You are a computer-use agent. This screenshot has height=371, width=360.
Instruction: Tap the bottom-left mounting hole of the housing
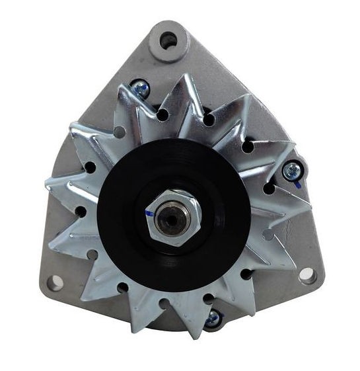pyautogui.click(x=57, y=280)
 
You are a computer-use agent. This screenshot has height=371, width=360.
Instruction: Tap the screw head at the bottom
pyautogui.click(x=212, y=319)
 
